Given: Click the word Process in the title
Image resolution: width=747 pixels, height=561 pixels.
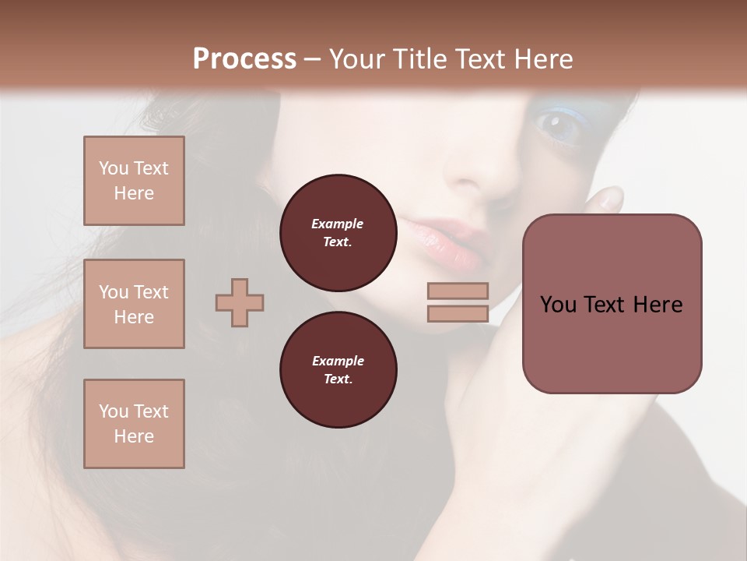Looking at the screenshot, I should click(x=244, y=59).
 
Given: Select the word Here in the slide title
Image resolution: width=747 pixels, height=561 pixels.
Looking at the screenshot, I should click(x=540, y=59).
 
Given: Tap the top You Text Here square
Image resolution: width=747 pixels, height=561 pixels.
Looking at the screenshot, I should click(x=134, y=181).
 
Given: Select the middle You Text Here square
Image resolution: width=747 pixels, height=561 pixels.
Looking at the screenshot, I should click(x=134, y=304).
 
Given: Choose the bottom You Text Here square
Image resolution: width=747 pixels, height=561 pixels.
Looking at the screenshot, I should click(x=134, y=424).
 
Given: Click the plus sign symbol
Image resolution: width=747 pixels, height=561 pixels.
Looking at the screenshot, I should click(x=240, y=302).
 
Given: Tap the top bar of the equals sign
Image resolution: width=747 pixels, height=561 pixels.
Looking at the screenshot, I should click(x=458, y=291).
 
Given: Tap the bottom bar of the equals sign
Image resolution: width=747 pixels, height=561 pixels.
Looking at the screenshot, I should click(x=458, y=313).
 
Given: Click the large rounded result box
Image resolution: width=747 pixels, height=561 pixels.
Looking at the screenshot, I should click(x=612, y=343).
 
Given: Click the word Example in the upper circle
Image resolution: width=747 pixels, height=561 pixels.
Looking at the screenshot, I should click(x=338, y=224).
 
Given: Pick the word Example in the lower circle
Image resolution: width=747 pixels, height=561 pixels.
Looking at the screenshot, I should click(x=338, y=361).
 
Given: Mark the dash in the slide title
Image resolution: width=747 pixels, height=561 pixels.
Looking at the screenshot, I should click(x=312, y=59).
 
